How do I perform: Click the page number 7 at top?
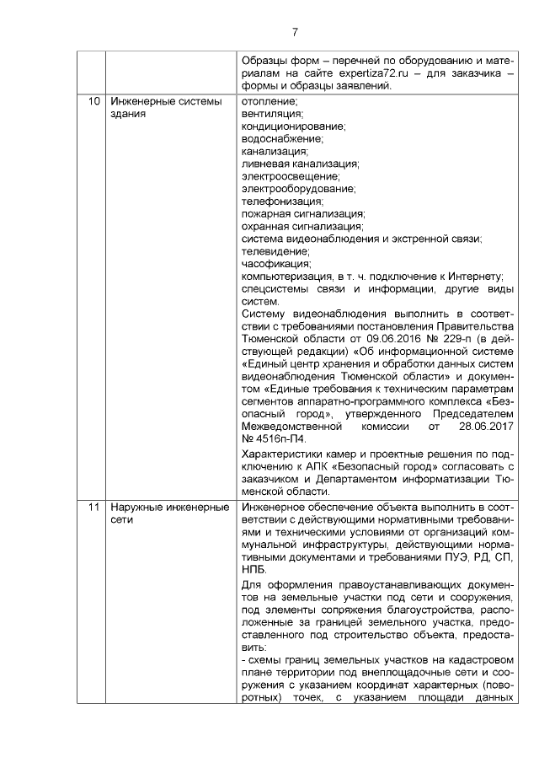[x=295, y=32]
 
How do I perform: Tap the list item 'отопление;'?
[x=269, y=101]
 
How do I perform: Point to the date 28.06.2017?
[x=489, y=427]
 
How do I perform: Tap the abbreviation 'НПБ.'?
[x=254, y=570]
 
